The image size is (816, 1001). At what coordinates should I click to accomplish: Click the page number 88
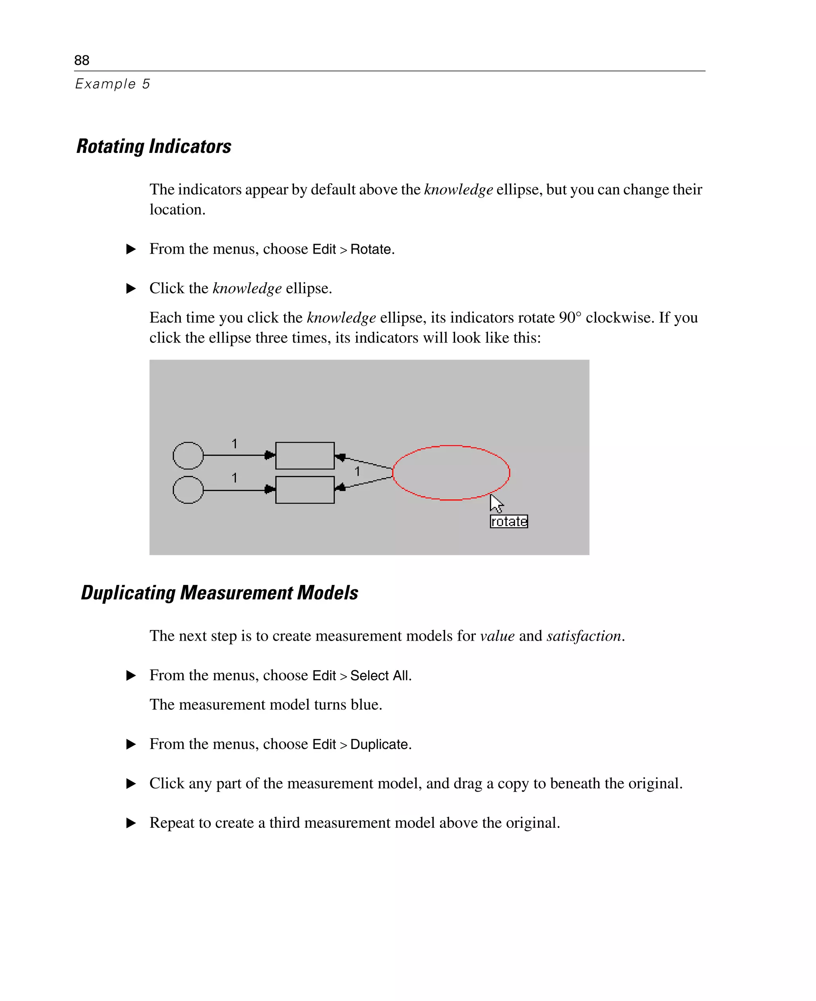(81, 60)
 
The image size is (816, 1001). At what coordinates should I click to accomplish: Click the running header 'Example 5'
(112, 84)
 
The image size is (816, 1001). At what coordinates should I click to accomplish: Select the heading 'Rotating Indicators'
(154, 146)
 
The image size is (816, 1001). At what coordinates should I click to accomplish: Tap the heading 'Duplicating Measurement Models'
(220, 592)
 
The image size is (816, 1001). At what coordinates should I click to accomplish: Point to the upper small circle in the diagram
(188, 455)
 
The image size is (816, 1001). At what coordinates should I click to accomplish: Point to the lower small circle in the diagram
(188, 490)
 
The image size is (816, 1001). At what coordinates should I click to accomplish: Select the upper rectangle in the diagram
(304, 455)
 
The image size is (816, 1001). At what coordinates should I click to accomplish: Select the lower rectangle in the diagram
(304, 490)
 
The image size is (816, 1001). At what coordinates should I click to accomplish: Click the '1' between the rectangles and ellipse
(357, 471)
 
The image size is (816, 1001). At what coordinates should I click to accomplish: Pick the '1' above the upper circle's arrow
(234, 444)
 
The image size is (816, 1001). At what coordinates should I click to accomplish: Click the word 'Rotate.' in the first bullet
(372, 249)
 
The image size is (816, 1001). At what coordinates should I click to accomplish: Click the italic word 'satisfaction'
(584, 635)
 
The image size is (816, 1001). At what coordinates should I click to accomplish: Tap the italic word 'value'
(497, 635)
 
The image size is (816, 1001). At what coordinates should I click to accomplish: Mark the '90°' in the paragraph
(570, 317)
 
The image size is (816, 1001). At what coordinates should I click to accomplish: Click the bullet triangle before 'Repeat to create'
(131, 823)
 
